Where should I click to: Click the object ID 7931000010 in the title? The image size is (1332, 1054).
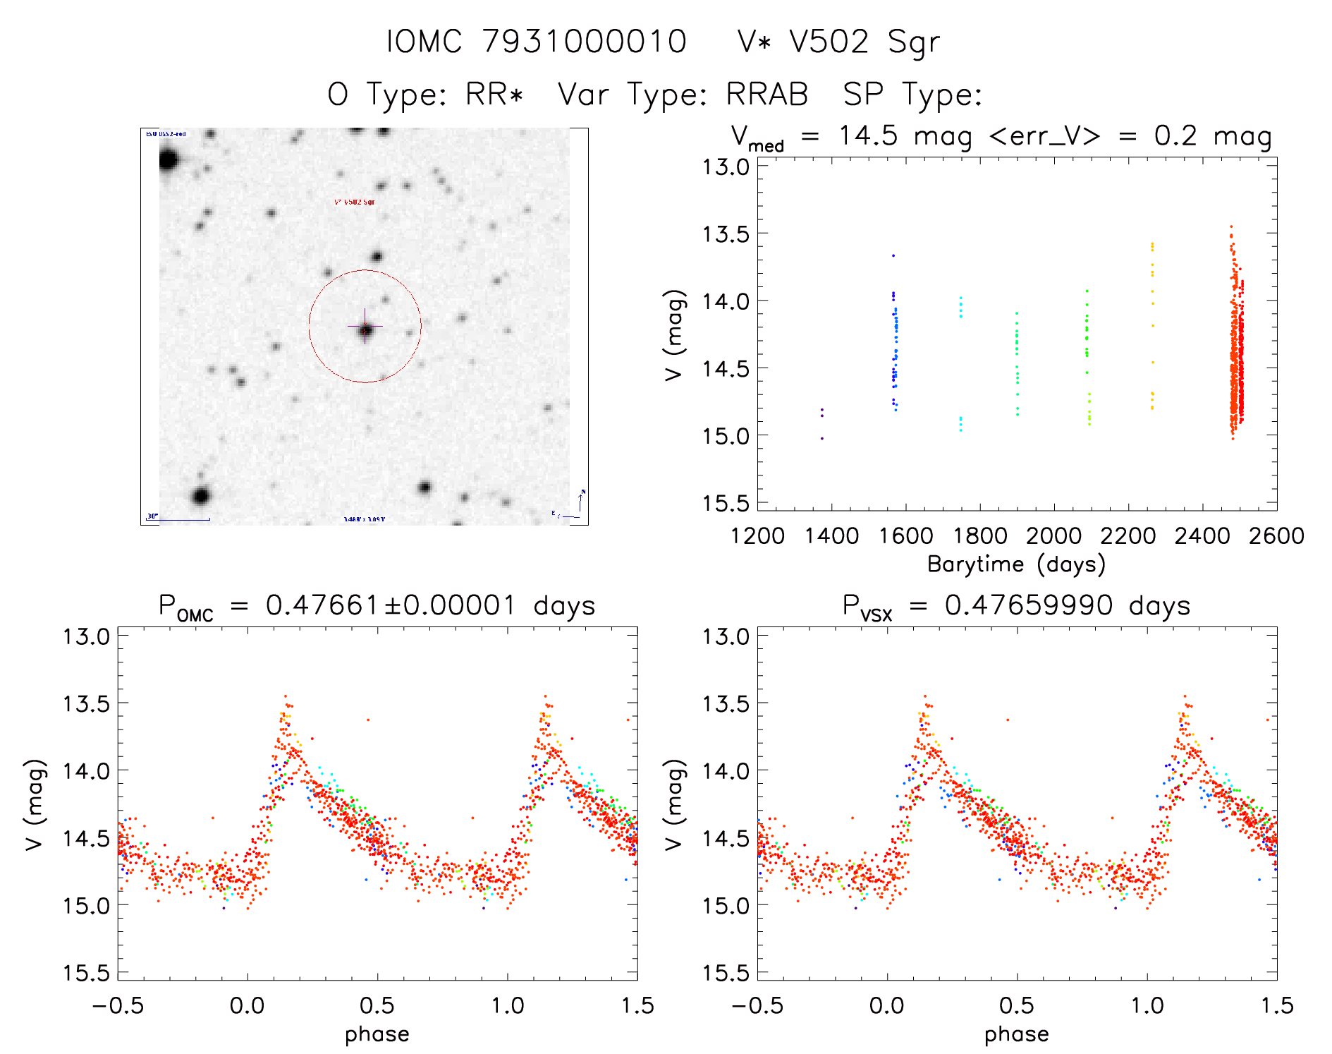click(585, 41)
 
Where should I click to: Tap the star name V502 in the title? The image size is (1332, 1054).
click(829, 41)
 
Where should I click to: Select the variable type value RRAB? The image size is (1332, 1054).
click(767, 95)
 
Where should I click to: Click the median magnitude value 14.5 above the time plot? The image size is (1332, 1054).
click(868, 135)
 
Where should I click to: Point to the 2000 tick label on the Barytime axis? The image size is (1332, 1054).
click(1053, 535)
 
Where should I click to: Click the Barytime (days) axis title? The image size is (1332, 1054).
click(1016, 564)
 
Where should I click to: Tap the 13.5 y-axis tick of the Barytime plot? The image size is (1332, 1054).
click(725, 234)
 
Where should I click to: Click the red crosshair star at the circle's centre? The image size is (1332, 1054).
click(365, 329)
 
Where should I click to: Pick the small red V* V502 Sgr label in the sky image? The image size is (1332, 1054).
click(354, 202)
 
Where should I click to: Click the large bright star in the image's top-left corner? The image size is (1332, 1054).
click(168, 159)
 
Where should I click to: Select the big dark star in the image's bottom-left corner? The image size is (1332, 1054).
click(201, 496)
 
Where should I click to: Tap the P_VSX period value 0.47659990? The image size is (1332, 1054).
click(1029, 605)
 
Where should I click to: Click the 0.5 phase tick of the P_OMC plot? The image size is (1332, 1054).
click(377, 1005)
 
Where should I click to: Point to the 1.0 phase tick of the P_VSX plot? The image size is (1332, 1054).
click(1147, 1005)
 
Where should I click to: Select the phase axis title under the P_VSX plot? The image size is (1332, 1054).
click(1016, 1034)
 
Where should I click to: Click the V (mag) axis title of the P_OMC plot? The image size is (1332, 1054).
click(35, 804)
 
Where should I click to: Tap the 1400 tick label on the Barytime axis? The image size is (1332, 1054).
click(831, 535)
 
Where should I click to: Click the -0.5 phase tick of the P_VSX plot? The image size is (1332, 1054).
click(757, 1005)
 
